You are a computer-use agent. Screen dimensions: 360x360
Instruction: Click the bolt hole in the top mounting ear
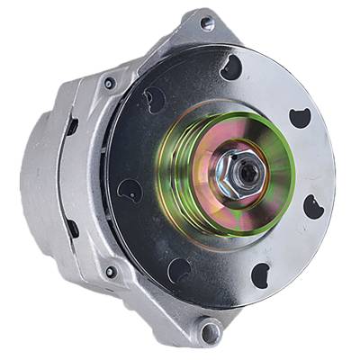coord(210,24)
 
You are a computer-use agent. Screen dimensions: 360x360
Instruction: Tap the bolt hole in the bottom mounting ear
coord(210,332)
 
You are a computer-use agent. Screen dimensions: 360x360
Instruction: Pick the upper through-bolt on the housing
coord(109,83)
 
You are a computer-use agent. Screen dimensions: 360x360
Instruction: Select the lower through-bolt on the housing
coord(109,271)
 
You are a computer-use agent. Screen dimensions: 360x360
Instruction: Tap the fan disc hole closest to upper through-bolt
coord(154,99)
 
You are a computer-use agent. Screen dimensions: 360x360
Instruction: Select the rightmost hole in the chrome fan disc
coord(315,206)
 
